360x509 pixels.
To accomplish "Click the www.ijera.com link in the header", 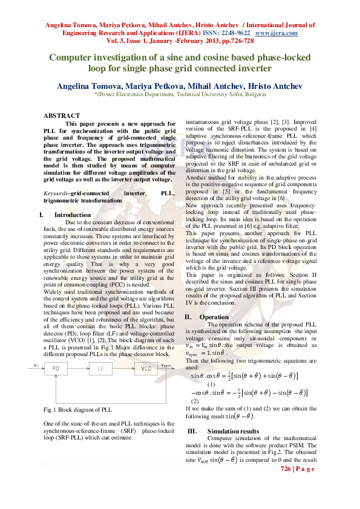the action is click(x=277, y=33).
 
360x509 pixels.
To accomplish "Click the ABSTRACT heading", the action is click(x=61, y=115).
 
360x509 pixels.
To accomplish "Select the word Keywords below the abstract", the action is click(x=56, y=193).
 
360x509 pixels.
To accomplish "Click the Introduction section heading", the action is click(x=72, y=215).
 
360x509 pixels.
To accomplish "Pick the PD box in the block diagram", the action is click(x=56, y=369).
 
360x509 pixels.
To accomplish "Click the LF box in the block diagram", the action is click(x=100, y=369).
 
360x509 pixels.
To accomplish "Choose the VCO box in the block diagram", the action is click(x=146, y=369).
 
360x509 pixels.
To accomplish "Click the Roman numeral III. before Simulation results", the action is click(x=192, y=431).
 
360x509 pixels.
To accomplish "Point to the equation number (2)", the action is click(x=195, y=401).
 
